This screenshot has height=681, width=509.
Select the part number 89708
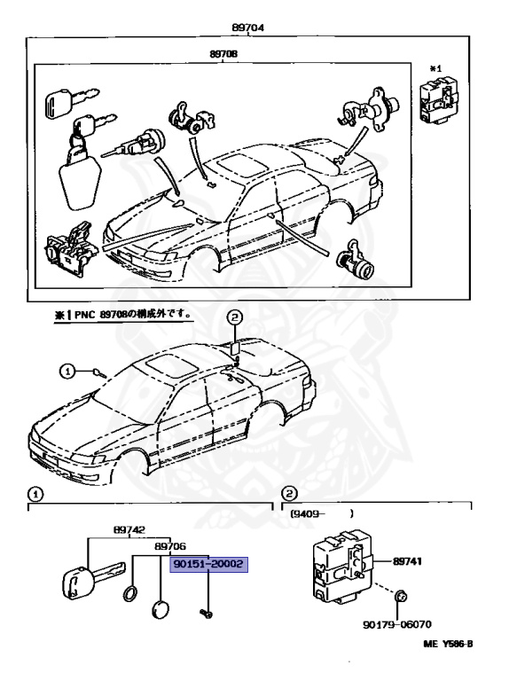(x=223, y=53)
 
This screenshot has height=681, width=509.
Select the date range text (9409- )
(x=319, y=513)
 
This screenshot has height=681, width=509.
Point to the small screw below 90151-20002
(x=206, y=611)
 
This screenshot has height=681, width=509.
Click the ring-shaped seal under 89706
(x=129, y=595)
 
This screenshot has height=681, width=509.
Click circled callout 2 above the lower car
(x=234, y=317)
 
